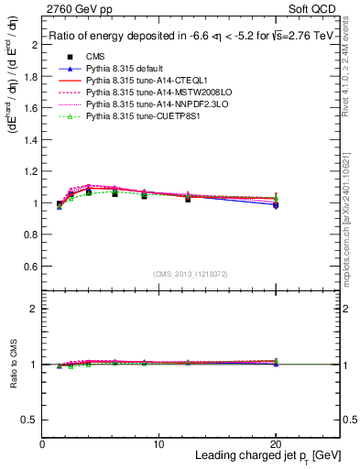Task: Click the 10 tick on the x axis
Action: coord(159,444)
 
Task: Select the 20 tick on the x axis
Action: coord(277,444)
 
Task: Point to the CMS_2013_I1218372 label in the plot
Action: coord(191,274)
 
